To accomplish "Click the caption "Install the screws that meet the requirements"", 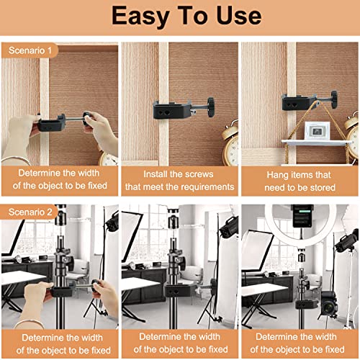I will [179, 180].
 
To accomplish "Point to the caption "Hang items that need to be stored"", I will [299, 180].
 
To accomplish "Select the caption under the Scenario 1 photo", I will [60, 180].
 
